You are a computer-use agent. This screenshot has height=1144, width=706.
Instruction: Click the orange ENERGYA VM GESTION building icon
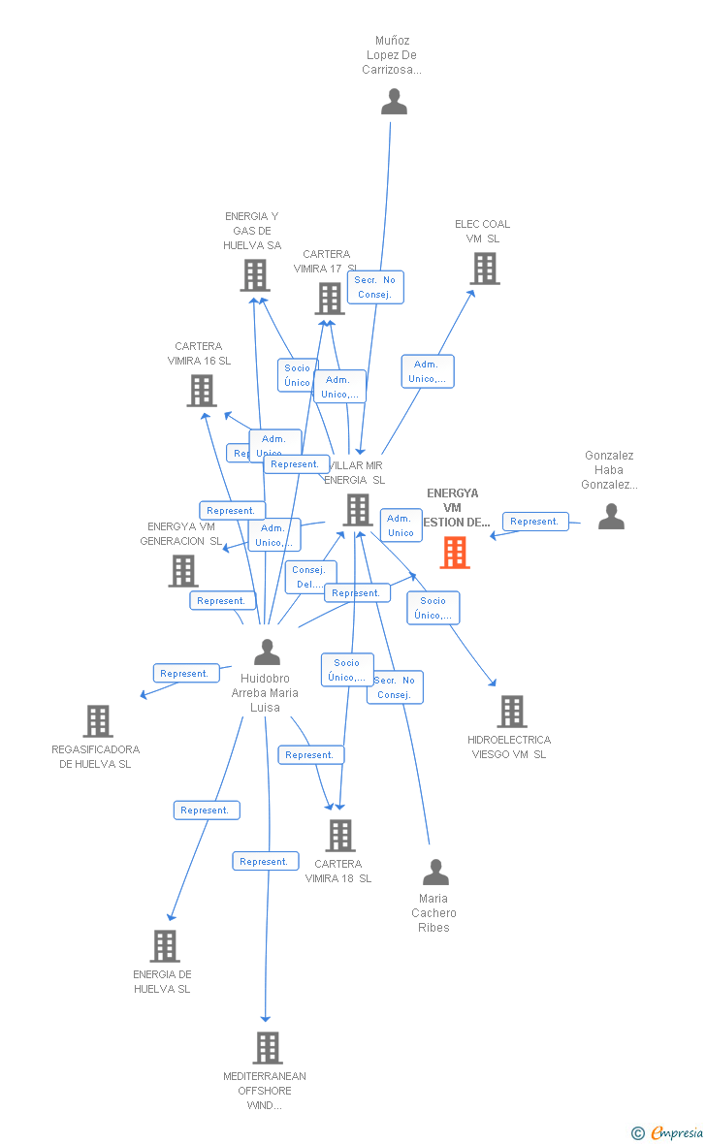455,552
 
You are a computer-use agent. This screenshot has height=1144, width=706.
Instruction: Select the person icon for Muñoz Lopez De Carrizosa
394,102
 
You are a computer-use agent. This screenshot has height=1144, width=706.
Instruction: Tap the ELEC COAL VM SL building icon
485,269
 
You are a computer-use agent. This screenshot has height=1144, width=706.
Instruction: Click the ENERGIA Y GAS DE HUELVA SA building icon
255,275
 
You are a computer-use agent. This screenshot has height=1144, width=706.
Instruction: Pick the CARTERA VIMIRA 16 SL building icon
202,391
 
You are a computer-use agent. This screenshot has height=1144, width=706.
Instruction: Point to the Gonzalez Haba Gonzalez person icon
611,517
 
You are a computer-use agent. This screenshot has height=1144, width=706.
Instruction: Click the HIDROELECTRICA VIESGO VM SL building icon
511,712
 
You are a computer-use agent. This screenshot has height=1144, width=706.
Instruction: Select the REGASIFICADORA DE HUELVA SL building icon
98,721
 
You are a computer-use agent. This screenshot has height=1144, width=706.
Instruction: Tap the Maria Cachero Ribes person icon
435,873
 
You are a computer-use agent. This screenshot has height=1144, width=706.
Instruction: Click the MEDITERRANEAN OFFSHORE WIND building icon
268,1048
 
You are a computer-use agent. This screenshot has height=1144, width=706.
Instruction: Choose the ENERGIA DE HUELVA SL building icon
165,946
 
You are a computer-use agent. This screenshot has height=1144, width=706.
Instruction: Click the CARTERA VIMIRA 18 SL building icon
340,836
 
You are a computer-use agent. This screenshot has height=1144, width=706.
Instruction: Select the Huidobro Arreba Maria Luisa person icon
267,652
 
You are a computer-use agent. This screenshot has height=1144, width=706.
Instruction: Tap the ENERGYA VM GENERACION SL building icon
183,571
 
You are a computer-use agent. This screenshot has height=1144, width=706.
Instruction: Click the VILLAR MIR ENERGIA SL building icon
358,509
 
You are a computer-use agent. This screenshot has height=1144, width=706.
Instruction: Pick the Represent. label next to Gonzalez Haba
534,522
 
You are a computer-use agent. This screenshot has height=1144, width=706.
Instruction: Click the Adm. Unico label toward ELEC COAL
428,371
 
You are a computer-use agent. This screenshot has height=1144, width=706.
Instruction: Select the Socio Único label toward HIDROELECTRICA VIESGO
433,608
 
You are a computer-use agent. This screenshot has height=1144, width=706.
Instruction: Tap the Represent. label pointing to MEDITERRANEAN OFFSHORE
265,861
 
